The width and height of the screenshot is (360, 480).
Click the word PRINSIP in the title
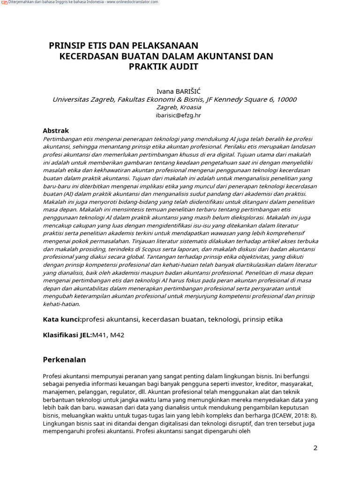coord(66,45)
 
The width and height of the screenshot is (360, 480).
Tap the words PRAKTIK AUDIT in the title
coord(164,67)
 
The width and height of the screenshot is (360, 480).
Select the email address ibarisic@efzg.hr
coord(178,115)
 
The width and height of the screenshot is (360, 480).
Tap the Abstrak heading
coord(56,131)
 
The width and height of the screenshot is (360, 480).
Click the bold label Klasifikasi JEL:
coord(67,336)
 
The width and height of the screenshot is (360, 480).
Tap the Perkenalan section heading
coord(64,360)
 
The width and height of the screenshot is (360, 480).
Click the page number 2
coord(315,448)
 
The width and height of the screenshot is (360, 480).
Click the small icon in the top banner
coord(4,2)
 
